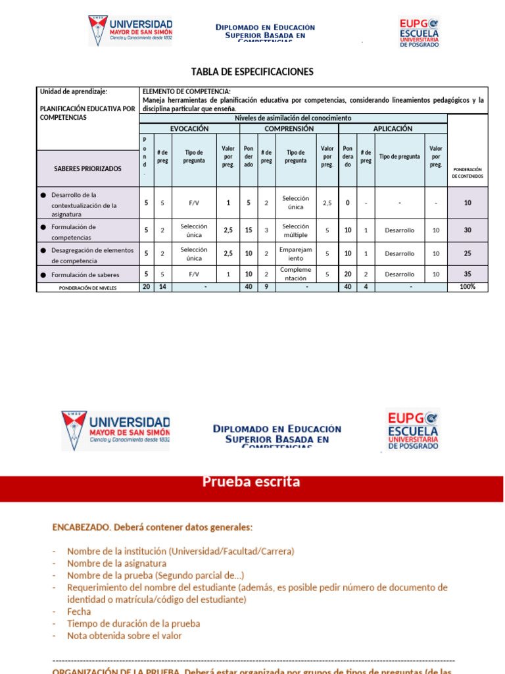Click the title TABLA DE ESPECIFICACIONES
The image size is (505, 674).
click(x=252, y=72)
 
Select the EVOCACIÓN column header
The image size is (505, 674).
click(x=189, y=129)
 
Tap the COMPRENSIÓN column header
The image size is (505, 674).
click(x=289, y=129)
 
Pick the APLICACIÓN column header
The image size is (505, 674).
click(x=393, y=129)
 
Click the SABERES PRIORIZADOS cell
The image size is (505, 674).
click(x=87, y=168)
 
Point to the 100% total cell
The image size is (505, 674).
click(x=467, y=287)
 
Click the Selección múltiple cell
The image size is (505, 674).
click(x=295, y=230)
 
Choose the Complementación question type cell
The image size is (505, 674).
click(x=295, y=274)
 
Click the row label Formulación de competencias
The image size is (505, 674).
click(x=74, y=232)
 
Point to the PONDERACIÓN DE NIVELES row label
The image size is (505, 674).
click(x=87, y=288)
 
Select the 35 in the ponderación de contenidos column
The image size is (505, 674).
click(x=467, y=274)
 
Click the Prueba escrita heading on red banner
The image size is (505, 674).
click(x=251, y=482)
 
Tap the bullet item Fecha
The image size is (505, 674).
click(x=79, y=611)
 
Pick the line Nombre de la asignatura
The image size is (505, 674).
click(x=116, y=563)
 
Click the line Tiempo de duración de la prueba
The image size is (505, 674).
click(x=133, y=623)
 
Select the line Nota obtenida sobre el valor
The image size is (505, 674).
click(x=124, y=636)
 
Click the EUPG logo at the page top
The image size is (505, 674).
click(x=419, y=32)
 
